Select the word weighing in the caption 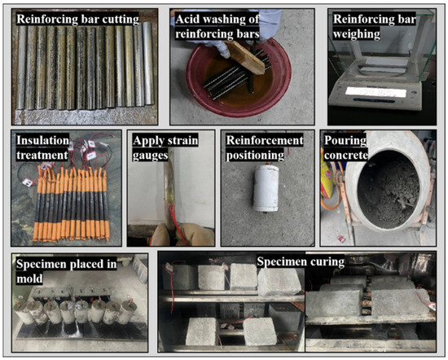click(x=356, y=34)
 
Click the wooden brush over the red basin click(x=244, y=58)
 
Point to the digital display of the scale click(x=376, y=92)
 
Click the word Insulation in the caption click(x=42, y=141)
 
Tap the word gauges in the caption click(x=150, y=156)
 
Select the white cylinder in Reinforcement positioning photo click(x=266, y=188)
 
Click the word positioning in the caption click(x=255, y=156)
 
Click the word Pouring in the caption click(x=345, y=141)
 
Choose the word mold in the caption click(x=29, y=279)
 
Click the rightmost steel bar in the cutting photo click(x=148, y=64)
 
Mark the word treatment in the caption click(x=42, y=156)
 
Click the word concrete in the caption click(x=346, y=156)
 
